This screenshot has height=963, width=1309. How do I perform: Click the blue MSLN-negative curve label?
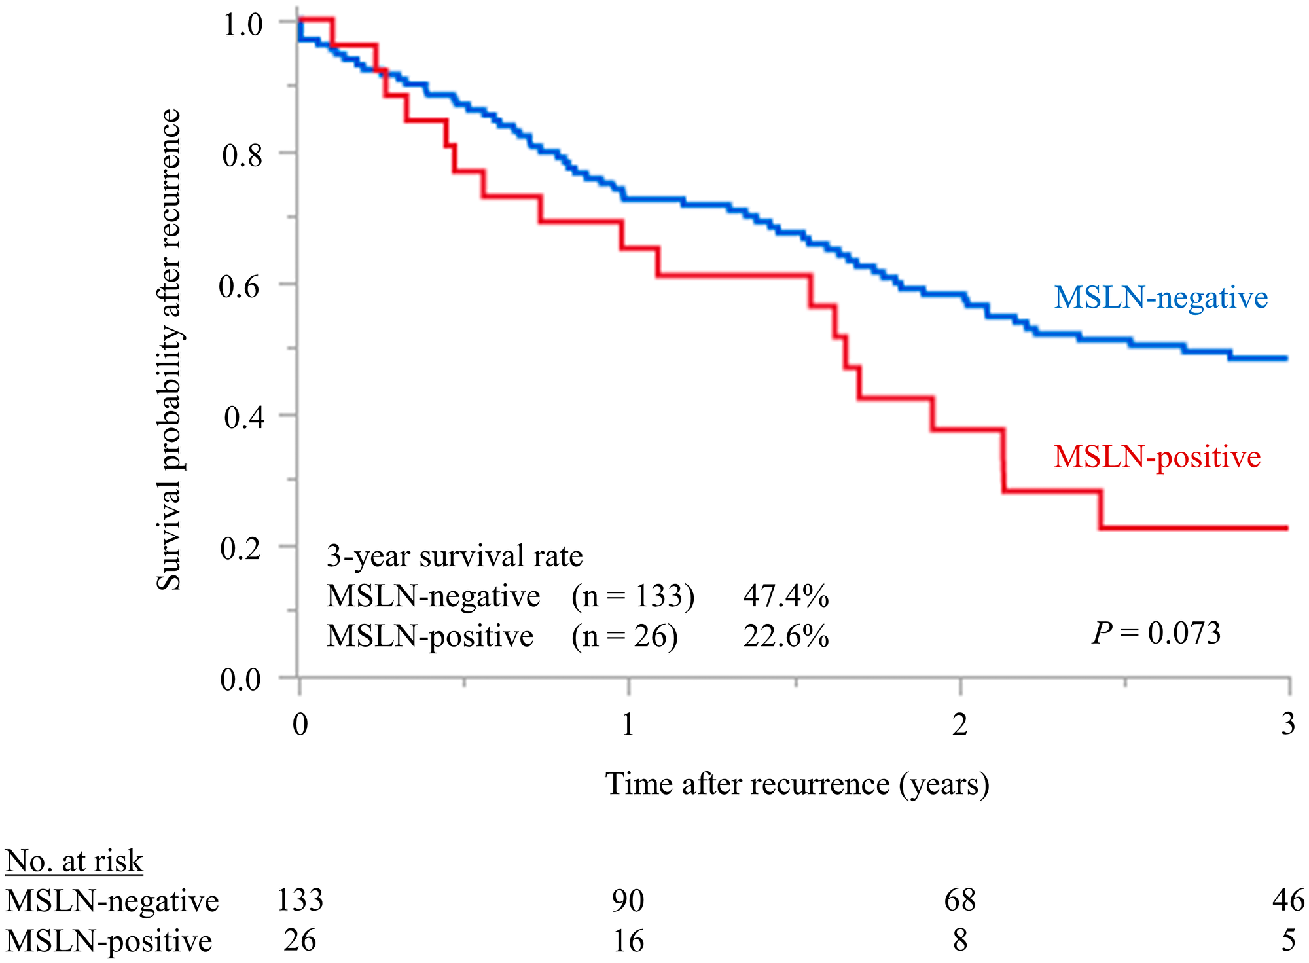[1160, 298]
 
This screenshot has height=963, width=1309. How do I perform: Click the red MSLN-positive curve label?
[1157, 457]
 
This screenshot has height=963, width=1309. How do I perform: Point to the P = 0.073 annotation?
[1156, 633]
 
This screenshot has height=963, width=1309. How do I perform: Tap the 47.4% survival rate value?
[785, 596]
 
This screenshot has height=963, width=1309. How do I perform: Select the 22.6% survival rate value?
[785, 636]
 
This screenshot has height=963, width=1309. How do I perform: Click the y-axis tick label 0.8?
[242, 155]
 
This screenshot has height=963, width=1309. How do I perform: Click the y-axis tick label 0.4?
[242, 417]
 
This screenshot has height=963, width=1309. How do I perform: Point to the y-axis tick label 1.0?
[242, 24]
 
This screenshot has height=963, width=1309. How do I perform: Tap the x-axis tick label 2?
[959, 725]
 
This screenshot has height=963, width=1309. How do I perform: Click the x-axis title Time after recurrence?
[797, 784]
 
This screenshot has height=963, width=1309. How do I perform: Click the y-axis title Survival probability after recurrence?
[169, 350]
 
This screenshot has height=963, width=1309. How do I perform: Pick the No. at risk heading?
[74, 861]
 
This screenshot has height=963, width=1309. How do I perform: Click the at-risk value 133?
[300, 900]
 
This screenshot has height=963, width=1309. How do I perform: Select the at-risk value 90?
[628, 901]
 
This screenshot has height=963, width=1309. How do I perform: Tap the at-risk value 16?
[628, 941]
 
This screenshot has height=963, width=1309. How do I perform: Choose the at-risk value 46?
[1288, 901]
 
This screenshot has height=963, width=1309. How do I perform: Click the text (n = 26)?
[624, 636]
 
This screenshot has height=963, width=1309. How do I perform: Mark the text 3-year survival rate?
[454, 556]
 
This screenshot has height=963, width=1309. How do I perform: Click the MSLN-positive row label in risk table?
[109, 941]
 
